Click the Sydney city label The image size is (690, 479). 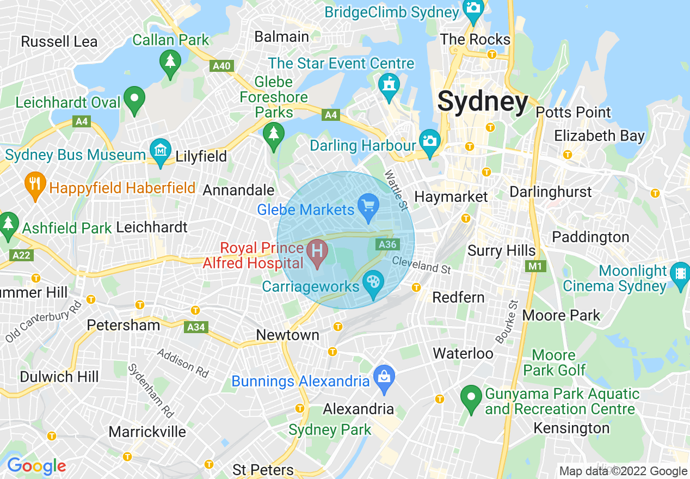(483, 102)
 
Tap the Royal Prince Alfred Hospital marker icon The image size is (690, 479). (317, 252)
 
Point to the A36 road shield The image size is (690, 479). (387, 244)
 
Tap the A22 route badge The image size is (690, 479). (21, 255)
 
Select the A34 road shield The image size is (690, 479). (196, 327)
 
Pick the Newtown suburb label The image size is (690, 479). (287, 335)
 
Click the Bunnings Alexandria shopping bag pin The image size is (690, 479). (384, 377)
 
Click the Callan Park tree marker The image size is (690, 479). (170, 62)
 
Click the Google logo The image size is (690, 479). (36, 466)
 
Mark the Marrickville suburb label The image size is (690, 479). (147, 432)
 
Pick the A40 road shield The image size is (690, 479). (221, 66)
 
